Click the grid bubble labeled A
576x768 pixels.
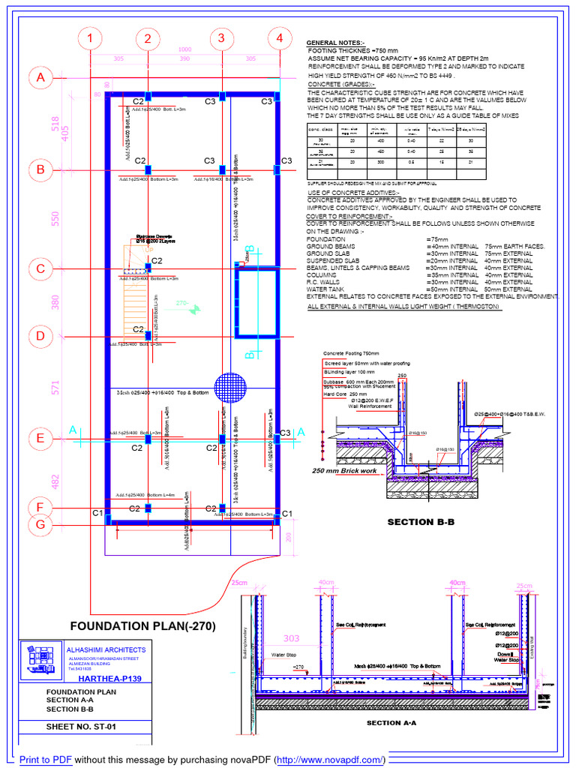pyautogui.click(x=40, y=78)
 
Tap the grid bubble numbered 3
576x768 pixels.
pyautogui.click(x=221, y=38)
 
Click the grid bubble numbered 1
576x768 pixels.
pyautogui.click(x=91, y=38)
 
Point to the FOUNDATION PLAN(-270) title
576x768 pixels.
pyautogui.click(x=143, y=625)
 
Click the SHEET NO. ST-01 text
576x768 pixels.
pyautogui.click(x=82, y=727)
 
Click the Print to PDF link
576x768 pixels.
pyautogui.click(x=46, y=759)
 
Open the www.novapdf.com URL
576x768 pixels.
pyautogui.click(x=330, y=759)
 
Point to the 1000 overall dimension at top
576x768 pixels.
pyautogui.click(x=184, y=49)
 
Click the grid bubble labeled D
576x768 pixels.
pyautogui.click(x=40, y=337)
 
